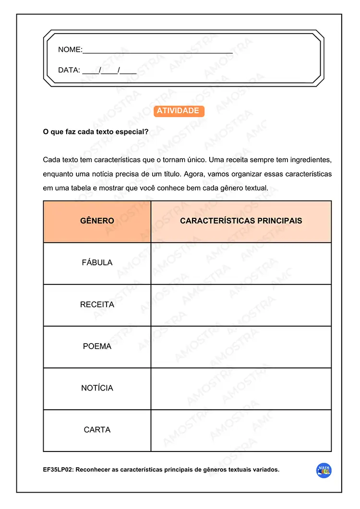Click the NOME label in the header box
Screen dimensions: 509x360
70,50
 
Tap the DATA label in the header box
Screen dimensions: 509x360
69,70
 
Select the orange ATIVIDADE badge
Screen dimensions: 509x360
178,111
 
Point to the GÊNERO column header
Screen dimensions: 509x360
97,221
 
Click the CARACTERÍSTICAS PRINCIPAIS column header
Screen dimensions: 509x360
241,221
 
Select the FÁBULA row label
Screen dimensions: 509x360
97,263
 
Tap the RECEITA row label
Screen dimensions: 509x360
97,305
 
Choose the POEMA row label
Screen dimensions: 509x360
97,346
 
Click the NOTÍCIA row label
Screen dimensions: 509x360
97,388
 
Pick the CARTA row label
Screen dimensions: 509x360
97,430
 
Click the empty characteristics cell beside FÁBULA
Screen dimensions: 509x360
241,263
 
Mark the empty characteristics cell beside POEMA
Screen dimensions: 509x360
241,347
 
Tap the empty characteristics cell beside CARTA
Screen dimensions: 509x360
241,430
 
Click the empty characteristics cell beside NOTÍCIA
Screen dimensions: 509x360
241,389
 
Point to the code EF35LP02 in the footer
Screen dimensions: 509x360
58,470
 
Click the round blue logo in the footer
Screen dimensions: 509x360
324,471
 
